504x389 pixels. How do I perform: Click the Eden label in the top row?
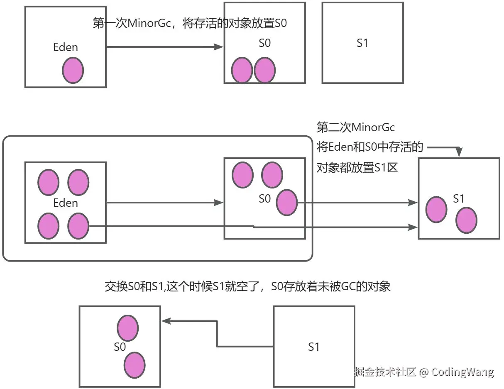pyautogui.click(x=66, y=47)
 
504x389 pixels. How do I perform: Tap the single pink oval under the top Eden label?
pyautogui.click(x=73, y=71)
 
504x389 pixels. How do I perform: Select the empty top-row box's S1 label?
pyautogui.click(x=362, y=43)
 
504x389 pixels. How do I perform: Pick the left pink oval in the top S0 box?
pyautogui.click(x=242, y=71)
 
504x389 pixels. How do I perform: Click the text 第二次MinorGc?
pyautogui.click(x=355, y=127)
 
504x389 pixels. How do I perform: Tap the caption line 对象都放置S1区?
pyautogui.click(x=357, y=168)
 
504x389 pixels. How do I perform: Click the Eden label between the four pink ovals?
pyautogui.click(x=66, y=203)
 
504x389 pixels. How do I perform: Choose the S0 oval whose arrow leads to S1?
pyautogui.click(x=287, y=203)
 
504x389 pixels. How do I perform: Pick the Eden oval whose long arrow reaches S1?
pyautogui.click(x=78, y=226)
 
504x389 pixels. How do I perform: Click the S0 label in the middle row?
pyautogui.click(x=264, y=199)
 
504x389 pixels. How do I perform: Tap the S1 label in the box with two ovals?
pyautogui.click(x=458, y=199)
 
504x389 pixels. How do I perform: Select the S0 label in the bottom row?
pyautogui.click(x=120, y=347)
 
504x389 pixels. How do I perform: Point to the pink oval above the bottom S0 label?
pyautogui.click(x=128, y=328)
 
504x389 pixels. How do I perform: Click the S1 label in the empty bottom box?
pyautogui.click(x=314, y=347)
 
